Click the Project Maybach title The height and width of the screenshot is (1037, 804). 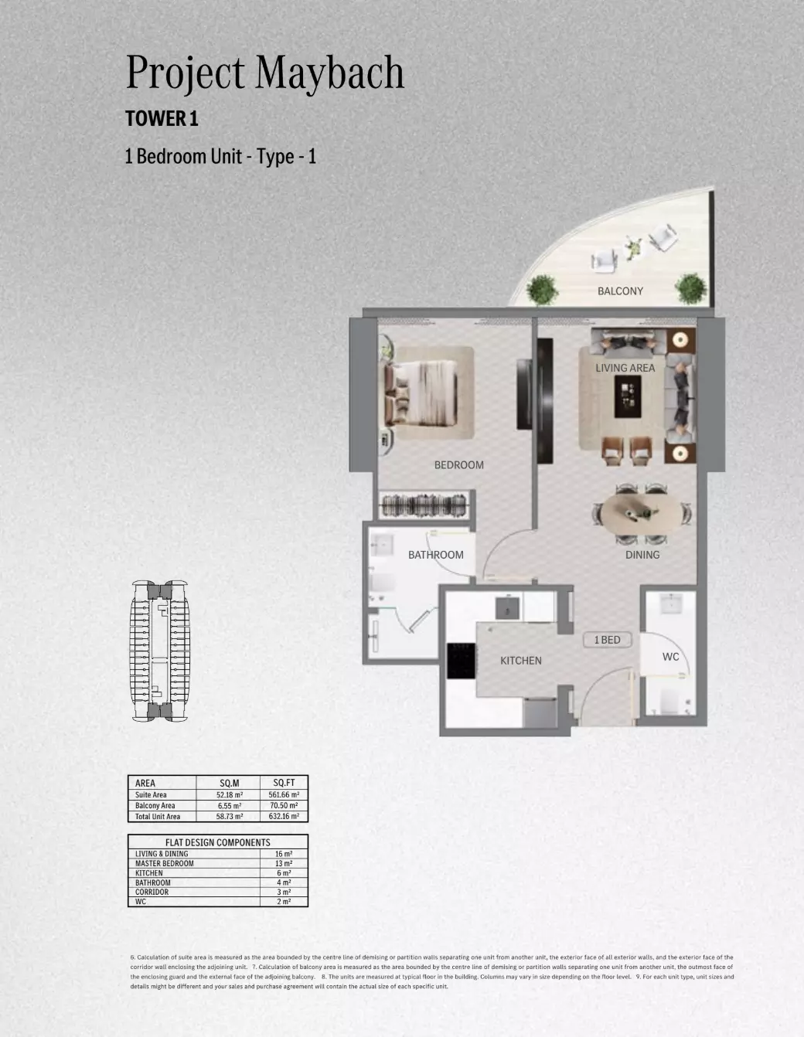click(x=264, y=73)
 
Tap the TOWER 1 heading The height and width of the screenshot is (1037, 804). click(x=162, y=119)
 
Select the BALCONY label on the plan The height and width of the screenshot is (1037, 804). click(x=620, y=291)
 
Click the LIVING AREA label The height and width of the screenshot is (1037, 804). click(x=625, y=368)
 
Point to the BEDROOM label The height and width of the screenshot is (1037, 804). click(x=458, y=465)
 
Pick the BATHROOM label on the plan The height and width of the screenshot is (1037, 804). click(x=436, y=555)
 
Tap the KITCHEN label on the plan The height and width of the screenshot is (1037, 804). click(x=520, y=661)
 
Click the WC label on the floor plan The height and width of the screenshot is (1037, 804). click(x=670, y=657)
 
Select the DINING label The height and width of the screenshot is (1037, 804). click(x=642, y=555)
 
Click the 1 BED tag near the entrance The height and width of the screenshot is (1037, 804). click(x=607, y=640)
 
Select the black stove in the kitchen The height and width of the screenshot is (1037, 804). click(x=462, y=661)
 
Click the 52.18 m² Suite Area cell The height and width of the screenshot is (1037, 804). click(x=230, y=794)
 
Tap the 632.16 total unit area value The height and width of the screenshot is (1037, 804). click(x=284, y=816)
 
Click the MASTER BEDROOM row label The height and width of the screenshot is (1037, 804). click(x=164, y=863)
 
